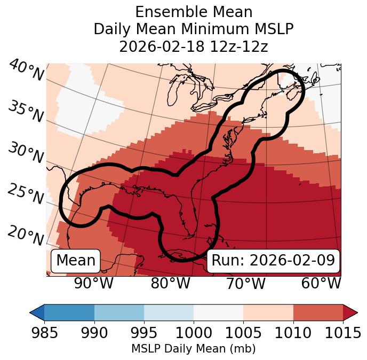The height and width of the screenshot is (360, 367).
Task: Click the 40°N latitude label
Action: tap(26, 71)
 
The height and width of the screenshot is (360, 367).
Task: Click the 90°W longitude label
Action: tap(93, 283)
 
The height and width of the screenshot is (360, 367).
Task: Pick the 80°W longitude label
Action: tap(170, 283)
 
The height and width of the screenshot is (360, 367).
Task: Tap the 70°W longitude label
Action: tap(246, 283)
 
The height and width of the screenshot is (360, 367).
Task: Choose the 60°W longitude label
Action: tap(321, 283)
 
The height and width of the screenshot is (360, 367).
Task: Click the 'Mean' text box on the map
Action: tap(76, 261)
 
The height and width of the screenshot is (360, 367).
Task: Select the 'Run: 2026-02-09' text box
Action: tap(273, 261)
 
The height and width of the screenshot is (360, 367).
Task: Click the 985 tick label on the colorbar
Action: tap(44, 333)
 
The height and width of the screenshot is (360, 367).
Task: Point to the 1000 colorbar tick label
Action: tap(194, 333)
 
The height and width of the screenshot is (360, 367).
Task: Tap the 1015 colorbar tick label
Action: tap(343, 333)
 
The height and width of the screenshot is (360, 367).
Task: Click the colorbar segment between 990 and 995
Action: tap(119, 312)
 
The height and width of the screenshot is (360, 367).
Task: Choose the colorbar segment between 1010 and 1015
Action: tap(318, 312)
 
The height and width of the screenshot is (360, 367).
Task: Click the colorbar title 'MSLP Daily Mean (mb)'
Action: tap(193, 349)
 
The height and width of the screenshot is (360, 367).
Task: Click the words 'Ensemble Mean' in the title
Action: tap(194, 12)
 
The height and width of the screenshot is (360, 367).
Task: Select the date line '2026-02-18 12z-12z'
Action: tap(194, 46)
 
